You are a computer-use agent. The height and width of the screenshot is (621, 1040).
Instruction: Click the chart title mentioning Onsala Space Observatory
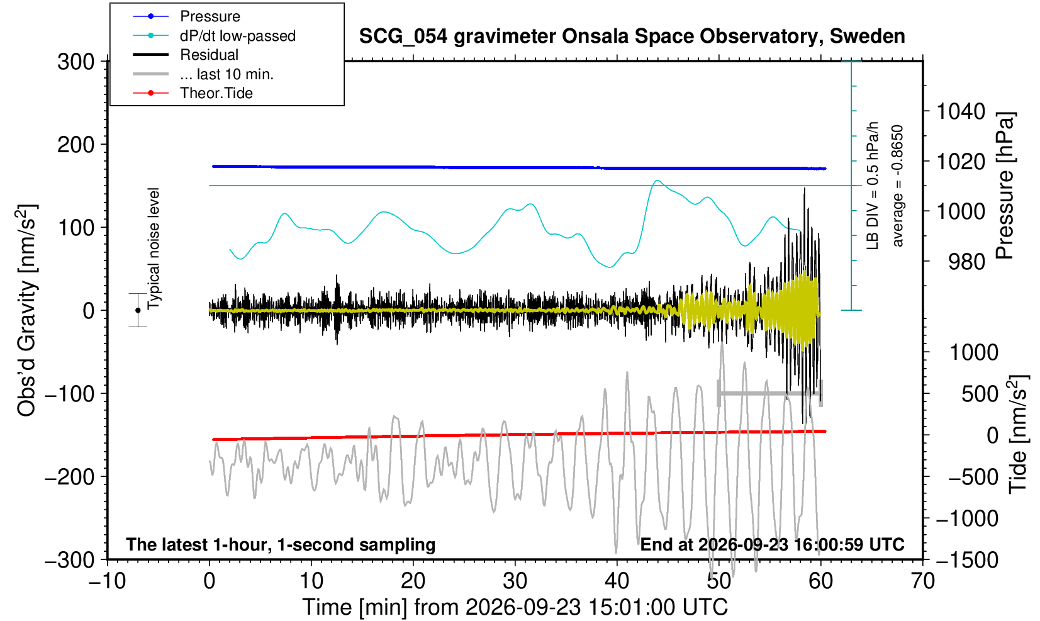[x=632, y=36]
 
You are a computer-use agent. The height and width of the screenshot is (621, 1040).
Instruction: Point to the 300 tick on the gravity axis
[x=76, y=62]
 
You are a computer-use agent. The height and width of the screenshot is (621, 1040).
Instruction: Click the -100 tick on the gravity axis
[x=70, y=394]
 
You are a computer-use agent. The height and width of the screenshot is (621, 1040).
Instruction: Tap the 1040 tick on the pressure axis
[x=961, y=111]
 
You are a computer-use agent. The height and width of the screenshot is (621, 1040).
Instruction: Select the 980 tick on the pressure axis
[x=966, y=262]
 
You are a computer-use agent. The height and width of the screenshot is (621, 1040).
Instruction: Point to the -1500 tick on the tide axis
[x=967, y=560]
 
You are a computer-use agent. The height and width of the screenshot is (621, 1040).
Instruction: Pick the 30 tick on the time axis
[x=515, y=581]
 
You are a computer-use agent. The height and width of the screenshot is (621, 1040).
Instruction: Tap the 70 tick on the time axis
[x=922, y=581]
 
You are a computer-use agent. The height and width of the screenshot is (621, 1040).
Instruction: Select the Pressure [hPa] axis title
[x=1005, y=186]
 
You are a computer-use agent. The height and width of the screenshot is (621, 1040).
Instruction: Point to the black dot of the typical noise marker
[x=138, y=310]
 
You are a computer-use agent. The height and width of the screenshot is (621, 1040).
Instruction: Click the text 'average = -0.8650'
[x=898, y=186]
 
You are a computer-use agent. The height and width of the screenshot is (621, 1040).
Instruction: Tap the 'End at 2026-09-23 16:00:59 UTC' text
[x=772, y=544]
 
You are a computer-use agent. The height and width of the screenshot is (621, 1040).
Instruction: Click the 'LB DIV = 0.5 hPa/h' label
[x=873, y=186]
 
